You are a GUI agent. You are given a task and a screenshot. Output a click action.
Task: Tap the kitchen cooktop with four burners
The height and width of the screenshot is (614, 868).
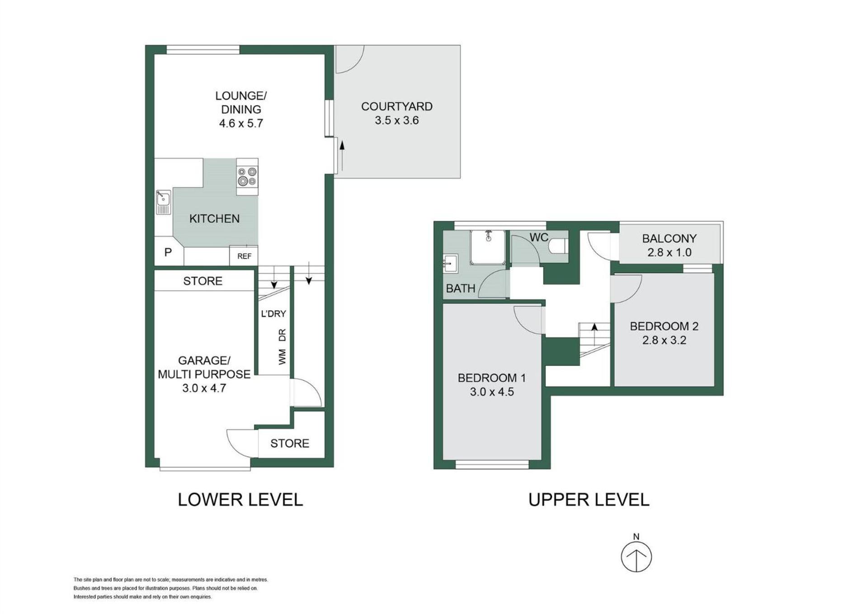[247, 177]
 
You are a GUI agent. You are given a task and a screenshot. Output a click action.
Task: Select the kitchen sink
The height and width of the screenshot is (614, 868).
[163, 202]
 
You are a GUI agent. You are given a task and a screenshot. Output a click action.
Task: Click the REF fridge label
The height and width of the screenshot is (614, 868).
[244, 256]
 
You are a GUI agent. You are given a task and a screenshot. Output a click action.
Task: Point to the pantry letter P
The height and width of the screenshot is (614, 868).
[168, 252]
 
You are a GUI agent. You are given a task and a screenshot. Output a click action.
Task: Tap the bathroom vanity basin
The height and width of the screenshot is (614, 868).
[451, 264]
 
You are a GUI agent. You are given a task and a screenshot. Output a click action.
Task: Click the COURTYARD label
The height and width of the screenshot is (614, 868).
[397, 107]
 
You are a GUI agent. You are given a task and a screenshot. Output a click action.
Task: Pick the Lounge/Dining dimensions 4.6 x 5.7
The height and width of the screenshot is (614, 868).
[241, 123]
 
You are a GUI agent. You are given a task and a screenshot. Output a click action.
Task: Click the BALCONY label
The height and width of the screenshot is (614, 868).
[670, 238]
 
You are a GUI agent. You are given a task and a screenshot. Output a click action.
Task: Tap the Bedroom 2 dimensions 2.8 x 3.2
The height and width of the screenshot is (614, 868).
[664, 340]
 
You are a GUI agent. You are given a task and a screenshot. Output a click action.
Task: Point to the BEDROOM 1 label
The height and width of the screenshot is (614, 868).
[492, 378]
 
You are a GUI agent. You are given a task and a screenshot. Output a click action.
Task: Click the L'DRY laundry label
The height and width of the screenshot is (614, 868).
[274, 314]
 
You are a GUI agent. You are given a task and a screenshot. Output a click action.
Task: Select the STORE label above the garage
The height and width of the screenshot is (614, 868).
[203, 281]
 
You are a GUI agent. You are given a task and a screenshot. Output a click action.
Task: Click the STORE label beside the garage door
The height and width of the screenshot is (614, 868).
[290, 444]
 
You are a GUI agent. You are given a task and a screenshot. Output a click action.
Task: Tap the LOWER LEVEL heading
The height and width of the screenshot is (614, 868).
[240, 500]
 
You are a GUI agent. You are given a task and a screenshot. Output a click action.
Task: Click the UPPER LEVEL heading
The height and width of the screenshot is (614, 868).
[589, 500]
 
